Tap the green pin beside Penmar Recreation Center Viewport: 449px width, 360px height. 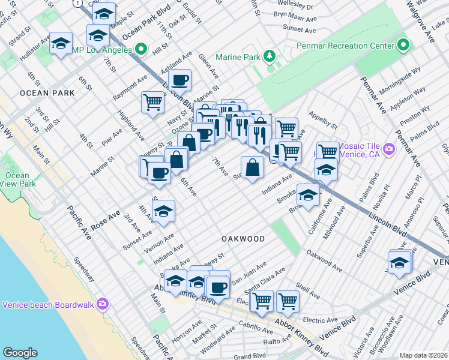click(403, 45)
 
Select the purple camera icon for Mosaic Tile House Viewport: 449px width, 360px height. click(389, 148)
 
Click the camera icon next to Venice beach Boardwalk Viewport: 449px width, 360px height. click(103, 304)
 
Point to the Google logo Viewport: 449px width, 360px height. click(20, 352)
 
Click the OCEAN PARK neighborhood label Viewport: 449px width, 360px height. click(47, 93)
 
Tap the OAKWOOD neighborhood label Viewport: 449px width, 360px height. click(243, 239)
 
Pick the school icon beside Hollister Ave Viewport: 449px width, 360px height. click(61, 43)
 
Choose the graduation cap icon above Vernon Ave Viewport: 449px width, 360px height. click(163, 211)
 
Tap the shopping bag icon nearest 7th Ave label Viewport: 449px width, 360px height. click(253, 166)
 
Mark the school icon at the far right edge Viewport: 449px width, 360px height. click(400, 262)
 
